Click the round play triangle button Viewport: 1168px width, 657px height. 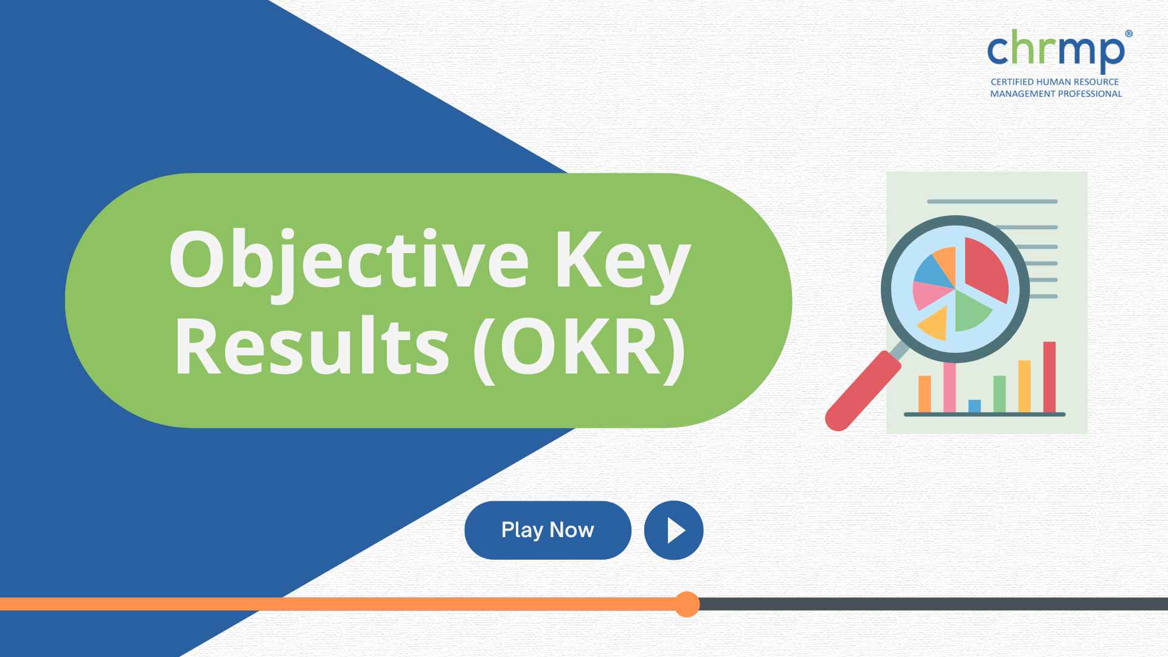[x=673, y=530]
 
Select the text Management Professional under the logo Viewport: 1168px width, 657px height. [x=1055, y=94]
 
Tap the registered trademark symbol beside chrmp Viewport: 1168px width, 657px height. [x=1129, y=35]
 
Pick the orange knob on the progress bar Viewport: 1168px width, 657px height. [x=687, y=604]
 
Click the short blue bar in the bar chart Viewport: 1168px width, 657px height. [x=974, y=406]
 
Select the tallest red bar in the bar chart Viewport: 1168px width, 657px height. [x=1049, y=377]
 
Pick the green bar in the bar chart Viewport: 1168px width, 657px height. [x=999, y=394]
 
